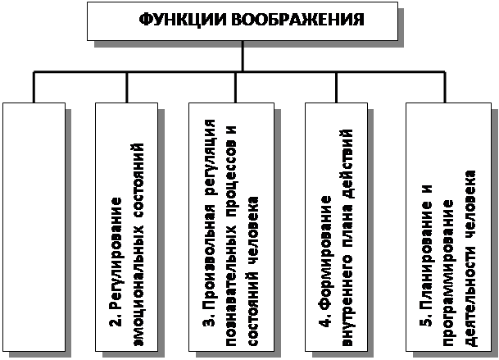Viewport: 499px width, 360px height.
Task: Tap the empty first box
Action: click(34, 227)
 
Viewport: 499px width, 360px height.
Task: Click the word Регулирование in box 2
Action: click(116, 249)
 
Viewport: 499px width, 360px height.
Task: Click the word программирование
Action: click(449, 273)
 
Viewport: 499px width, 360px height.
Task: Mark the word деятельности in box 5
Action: click(471, 297)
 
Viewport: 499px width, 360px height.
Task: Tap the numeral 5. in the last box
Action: click(426, 317)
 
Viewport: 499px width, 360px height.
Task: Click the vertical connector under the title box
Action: click(243, 56)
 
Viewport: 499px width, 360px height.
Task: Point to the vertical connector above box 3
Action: click(236, 87)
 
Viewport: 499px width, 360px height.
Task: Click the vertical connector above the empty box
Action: click(34, 87)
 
